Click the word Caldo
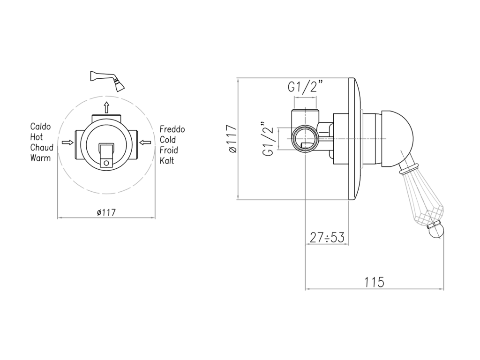(x=40, y=127)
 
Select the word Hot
(x=37, y=137)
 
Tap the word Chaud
(x=42, y=147)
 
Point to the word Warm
(x=40, y=158)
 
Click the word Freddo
(x=172, y=129)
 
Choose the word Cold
(x=168, y=140)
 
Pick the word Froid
(x=169, y=150)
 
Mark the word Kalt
(x=167, y=160)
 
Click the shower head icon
(x=107, y=81)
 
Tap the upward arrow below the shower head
(x=106, y=107)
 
